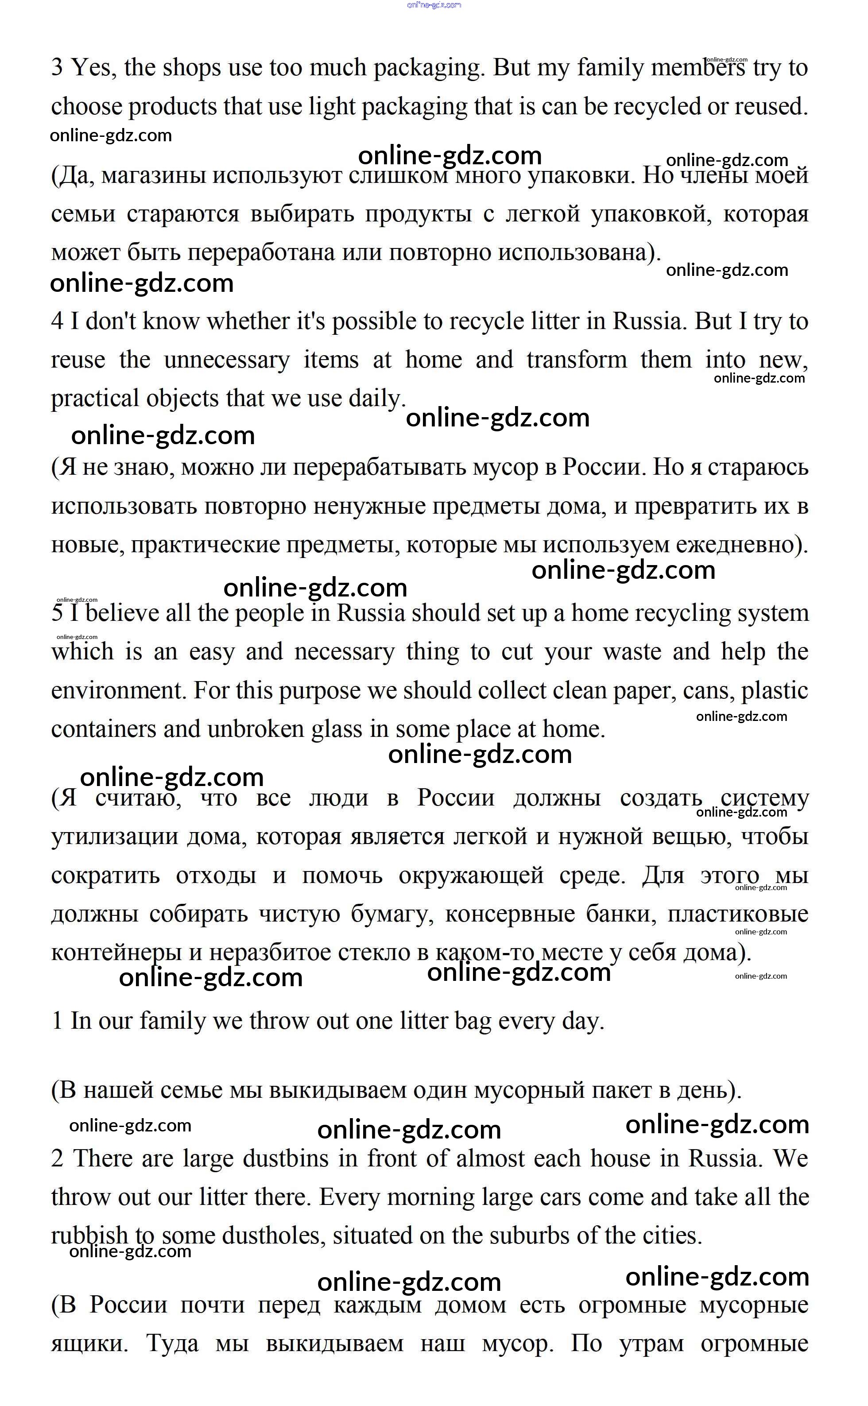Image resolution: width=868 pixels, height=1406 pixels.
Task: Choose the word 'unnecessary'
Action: click(227, 360)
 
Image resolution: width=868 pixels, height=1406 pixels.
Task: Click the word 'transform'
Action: click(576, 360)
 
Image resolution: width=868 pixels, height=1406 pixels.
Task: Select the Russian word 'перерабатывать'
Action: click(379, 468)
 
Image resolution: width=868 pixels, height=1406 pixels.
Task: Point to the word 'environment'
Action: click(118, 690)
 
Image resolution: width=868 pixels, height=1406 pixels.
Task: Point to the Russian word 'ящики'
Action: click(89, 1344)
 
